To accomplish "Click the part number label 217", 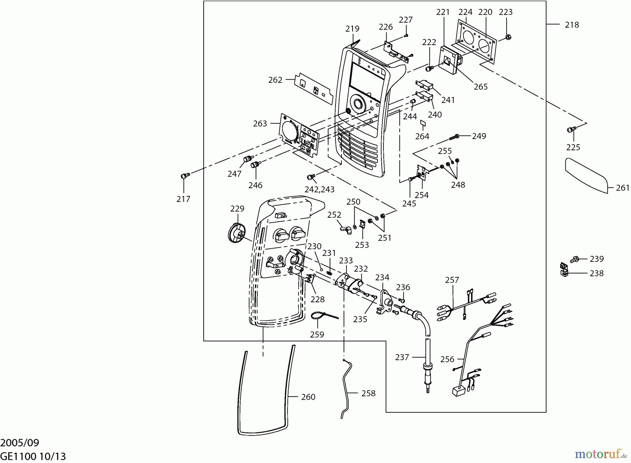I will [x=183, y=199].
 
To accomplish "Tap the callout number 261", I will [x=623, y=188].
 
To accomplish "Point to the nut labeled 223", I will [x=509, y=36].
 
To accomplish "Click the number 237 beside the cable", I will [x=402, y=357].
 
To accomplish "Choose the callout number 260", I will [x=308, y=397].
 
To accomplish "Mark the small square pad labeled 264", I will [x=423, y=123].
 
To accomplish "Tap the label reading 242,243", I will [x=319, y=189].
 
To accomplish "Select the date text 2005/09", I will [x=20, y=442].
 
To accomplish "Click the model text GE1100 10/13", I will [x=33, y=456].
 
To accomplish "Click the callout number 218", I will [x=572, y=25].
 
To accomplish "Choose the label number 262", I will [x=275, y=80].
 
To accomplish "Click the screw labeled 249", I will [x=455, y=136].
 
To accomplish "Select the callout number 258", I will [x=368, y=393].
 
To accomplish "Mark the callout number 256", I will [x=447, y=359].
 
